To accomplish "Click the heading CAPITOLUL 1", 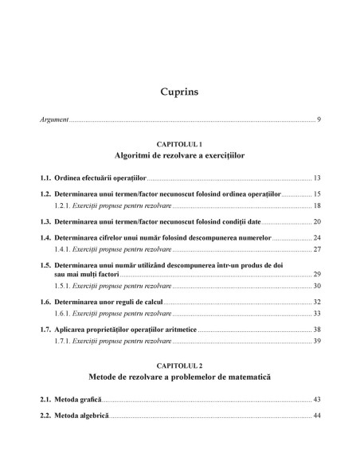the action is pyautogui.click(x=179, y=143).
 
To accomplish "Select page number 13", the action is pyautogui.click(x=316, y=178).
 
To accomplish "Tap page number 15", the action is pyautogui.click(x=316, y=193).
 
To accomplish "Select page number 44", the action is pyautogui.click(x=316, y=414).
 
